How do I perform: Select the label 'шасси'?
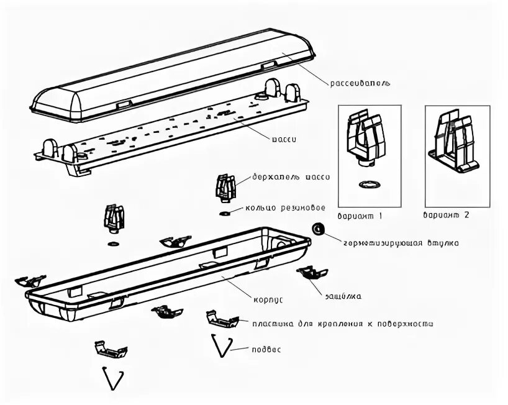[x=283, y=139]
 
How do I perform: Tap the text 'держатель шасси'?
[x=291, y=177]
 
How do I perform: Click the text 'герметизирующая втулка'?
[x=401, y=243]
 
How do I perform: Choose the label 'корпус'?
[x=268, y=299]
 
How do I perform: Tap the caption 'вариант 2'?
[x=447, y=216]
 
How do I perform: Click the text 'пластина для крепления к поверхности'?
[x=343, y=324]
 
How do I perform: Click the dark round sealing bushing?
[x=319, y=229]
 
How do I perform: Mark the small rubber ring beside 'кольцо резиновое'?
[x=225, y=213]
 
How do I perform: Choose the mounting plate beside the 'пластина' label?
[x=222, y=320]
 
